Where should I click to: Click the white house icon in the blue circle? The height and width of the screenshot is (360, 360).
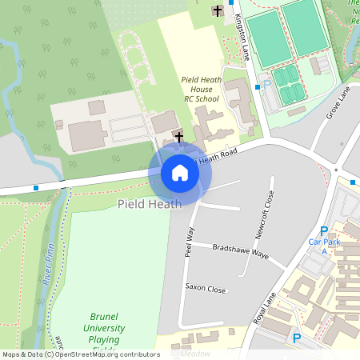click(180, 172)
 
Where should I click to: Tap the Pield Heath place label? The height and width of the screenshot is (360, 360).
click(149, 204)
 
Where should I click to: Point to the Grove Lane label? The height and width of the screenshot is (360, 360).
click(339, 105)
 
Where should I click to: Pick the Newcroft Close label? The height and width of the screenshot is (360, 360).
click(270, 214)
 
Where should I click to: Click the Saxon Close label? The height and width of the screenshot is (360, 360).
click(206, 287)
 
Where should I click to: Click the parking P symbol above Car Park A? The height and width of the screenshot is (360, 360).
click(324, 230)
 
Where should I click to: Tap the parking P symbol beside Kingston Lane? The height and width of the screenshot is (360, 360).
click(267, 82)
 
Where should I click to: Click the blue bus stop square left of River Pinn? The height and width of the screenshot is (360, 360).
click(36, 188)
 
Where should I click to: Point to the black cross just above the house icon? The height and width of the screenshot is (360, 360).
click(178, 137)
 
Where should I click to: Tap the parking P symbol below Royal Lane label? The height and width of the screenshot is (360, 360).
click(297, 338)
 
